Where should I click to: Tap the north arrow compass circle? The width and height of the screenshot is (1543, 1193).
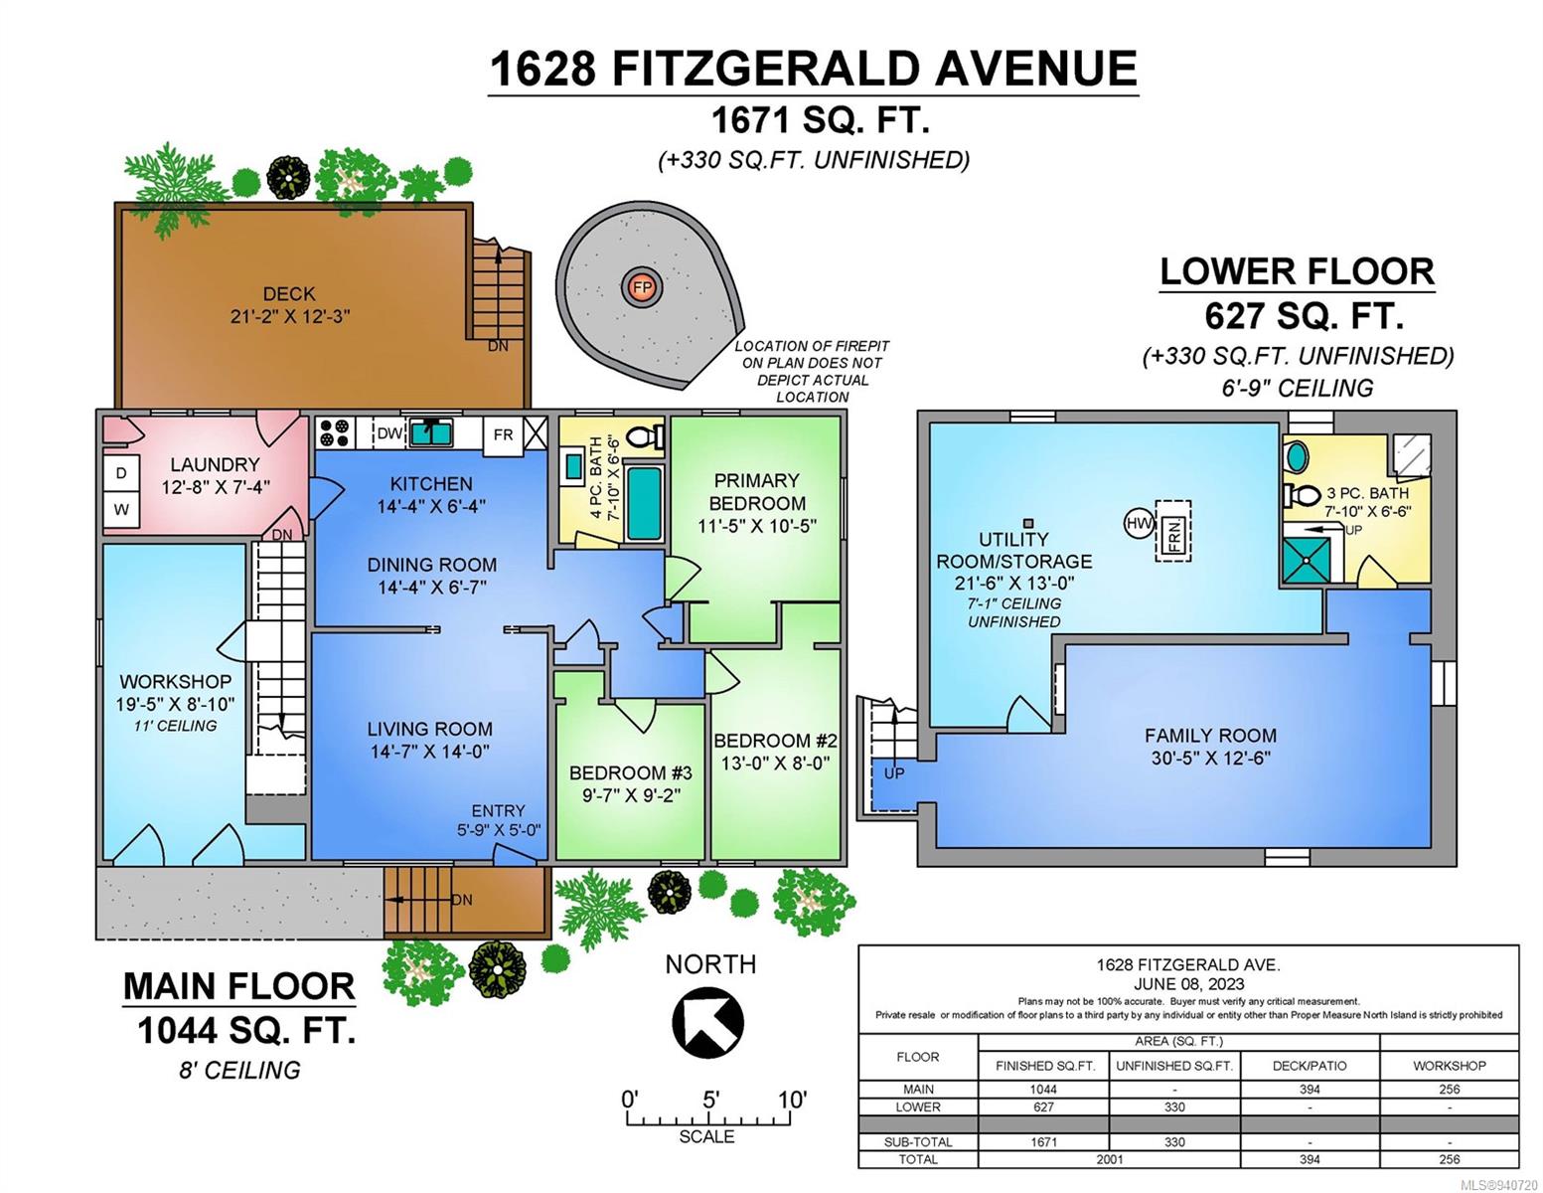click(708, 1023)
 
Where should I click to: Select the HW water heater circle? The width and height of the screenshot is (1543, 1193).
click(1139, 524)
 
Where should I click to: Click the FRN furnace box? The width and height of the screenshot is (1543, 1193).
click(1173, 531)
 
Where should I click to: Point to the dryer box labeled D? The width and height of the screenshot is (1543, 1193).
click(121, 472)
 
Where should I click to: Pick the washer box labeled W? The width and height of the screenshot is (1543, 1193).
click(121, 509)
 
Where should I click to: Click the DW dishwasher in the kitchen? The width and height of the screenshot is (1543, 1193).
click(389, 432)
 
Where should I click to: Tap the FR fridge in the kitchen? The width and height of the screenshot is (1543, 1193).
click(504, 434)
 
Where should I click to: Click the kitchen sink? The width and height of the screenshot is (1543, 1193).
click(431, 432)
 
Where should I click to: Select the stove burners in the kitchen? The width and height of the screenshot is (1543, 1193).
click(335, 432)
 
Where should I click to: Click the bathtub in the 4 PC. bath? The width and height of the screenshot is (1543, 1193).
click(645, 503)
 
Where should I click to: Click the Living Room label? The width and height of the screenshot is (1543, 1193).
click(429, 729)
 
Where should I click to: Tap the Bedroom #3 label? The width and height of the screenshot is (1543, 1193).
click(631, 772)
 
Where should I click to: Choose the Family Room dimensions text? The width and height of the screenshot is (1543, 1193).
click(1211, 759)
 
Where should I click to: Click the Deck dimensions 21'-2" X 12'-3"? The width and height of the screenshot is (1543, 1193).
click(290, 316)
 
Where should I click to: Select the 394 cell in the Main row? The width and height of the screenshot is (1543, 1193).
click(1310, 1090)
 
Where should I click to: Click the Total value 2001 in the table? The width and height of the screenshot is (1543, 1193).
click(1109, 1159)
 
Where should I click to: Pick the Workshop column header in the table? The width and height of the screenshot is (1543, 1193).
click(1450, 1066)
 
